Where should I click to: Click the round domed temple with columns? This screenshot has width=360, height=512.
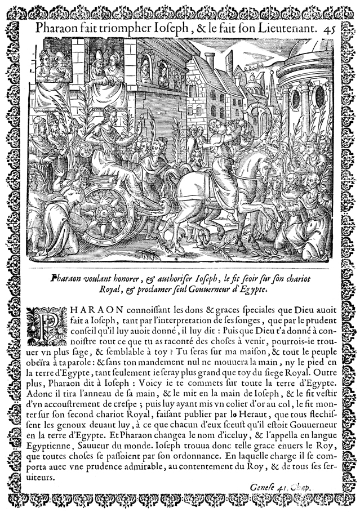pyautogui.click(x=305, y=96)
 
